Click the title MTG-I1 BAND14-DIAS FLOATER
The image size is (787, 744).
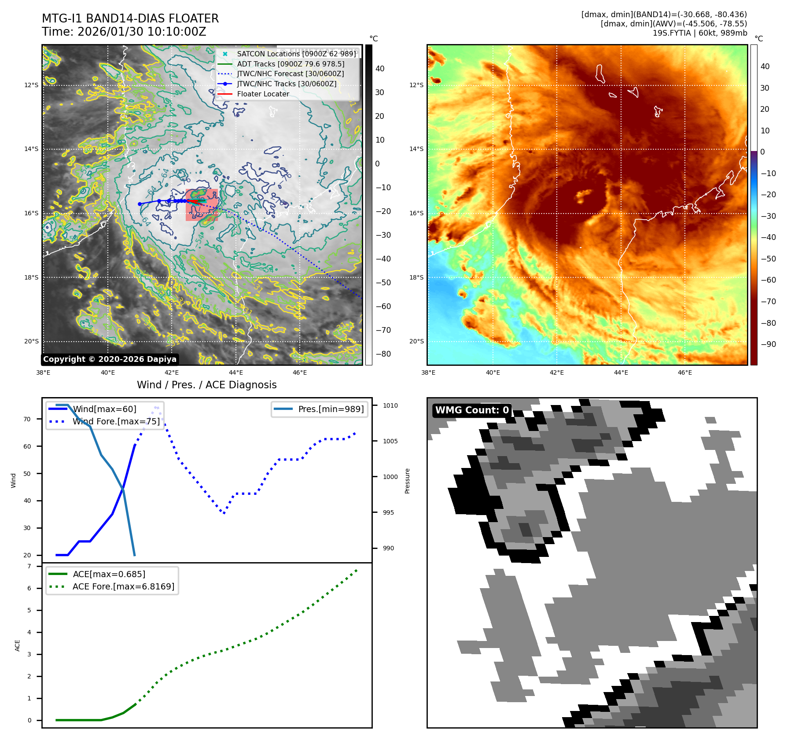pyautogui.click(x=130, y=18)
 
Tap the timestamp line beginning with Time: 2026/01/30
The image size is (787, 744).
pyautogui.click(x=124, y=32)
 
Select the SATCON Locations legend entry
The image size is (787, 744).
pyautogui.click(x=296, y=54)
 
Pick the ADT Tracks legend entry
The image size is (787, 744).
pyautogui.click(x=291, y=64)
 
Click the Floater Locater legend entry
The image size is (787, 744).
pyautogui.click(x=263, y=94)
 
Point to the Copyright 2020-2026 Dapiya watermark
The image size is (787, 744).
pyautogui.click(x=110, y=359)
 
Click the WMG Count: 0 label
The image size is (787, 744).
pyautogui.click(x=472, y=410)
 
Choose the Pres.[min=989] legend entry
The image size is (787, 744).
pyautogui.click(x=331, y=409)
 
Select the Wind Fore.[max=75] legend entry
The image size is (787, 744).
pyautogui.click(x=116, y=421)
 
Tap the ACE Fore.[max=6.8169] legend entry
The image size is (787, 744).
pyautogui.click(x=123, y=586)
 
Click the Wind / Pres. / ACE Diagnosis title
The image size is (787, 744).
pyautogui.click(x=207, y=385)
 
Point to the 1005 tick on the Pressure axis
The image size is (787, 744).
pyautogui.click(x=390, y=441)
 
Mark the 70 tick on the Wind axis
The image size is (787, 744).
pyautogui.click(x=27, y=419)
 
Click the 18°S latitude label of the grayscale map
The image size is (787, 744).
pyautogui.click(x=31, y=277)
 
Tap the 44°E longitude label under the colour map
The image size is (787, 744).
pyautogui.click(x=621, y=372)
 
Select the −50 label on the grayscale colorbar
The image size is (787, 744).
pyautogui.click(x=383, y=283)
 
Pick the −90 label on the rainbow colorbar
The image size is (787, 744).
pyautogui.click(x=769, y=344)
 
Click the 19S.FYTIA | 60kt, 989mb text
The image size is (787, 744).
pyautogui.click(x=699, y=33)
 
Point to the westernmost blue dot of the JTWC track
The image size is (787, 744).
pyautogui.click(x=140, y=204)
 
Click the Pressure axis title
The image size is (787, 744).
pyautogui.click(x=407, y=481)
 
